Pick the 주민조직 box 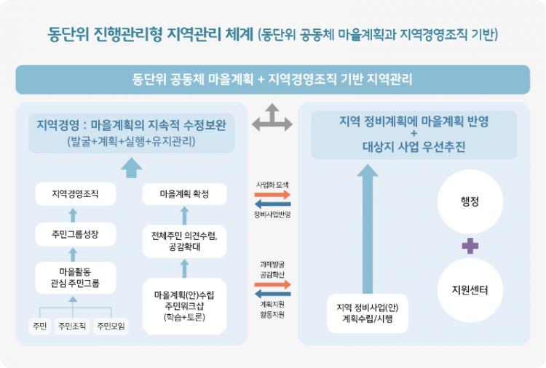click(x=72, y=326)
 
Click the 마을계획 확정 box click(x=184, y=194)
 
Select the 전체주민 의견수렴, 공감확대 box click(x=184, y=241)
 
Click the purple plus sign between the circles click(x=470, y=245)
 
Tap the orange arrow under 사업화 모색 click(x=272, y=195)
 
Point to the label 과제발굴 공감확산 click(x=272, y=271)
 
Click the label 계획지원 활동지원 click(x=272, y=309)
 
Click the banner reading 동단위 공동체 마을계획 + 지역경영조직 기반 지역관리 click(x=272, y=79)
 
